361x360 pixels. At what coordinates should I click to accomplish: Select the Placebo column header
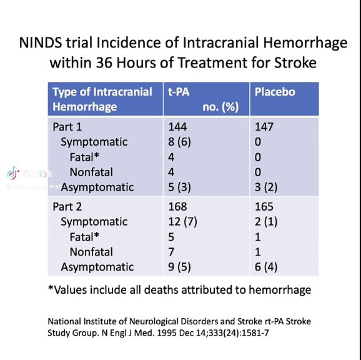click(x=275, y=92)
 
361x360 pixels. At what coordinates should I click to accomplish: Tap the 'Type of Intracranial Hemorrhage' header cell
click(x=102, y=99)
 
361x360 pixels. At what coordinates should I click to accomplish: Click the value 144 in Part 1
click(x=177, y=127)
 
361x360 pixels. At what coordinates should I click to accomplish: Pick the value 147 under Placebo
click(x=264, y=127)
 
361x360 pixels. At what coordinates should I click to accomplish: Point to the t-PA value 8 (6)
click(x=180, y=142)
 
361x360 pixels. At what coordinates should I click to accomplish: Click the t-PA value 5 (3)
click(x=180, y=187)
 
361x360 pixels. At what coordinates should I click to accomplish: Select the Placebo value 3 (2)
click(x=267, y=187)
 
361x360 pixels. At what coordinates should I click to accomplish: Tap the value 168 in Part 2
click(x=177, y=207)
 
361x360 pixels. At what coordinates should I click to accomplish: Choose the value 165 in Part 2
click(x=264, y=207)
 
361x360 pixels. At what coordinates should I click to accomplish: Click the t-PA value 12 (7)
click(x=183, y=222)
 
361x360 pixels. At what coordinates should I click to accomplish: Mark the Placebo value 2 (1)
click(x=267, y=222)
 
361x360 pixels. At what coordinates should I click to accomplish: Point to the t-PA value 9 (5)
click(x=180, y=267)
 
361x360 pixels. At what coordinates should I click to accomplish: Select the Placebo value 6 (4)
click(x=267, y=267)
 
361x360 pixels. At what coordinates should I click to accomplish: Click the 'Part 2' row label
click(x=67, y=207)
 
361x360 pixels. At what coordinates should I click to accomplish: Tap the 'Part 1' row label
click(x=67, y=127)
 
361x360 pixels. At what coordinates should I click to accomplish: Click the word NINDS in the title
click(x=41, y=43)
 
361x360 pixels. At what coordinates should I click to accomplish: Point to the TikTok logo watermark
click(x=14, y=173)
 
